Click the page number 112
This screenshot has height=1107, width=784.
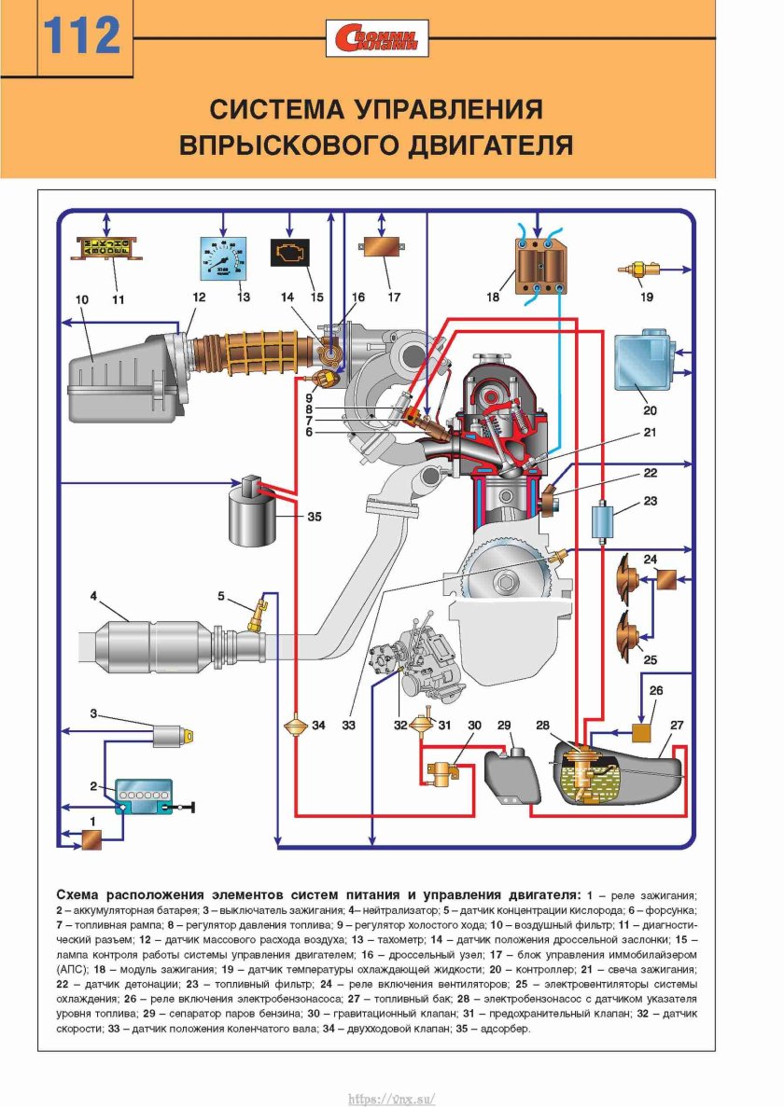point(83,36)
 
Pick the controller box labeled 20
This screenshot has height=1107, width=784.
point(642,358)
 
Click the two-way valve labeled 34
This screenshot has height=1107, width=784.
point(294,726)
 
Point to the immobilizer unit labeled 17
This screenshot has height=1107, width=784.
point(381,253)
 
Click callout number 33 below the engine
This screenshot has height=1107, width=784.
point(349,724)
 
